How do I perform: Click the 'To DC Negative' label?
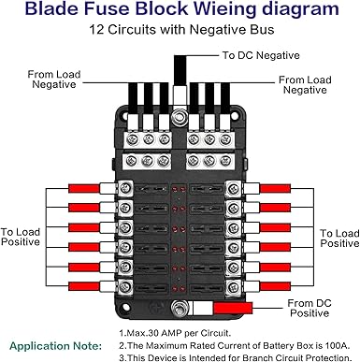tap(261, 55)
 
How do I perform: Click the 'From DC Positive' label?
tap(310, 308)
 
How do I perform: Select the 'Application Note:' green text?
tap(56, 346)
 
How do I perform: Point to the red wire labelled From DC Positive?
tap(233, 309)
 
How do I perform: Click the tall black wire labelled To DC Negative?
tap(180, 70)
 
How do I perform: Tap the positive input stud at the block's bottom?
tap(180, 309)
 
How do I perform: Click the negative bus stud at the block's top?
tap(179, 117)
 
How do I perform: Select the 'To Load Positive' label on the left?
tap(21, 237)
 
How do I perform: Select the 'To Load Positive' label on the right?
tap(339, 239)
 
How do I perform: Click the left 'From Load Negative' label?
tap(54, 80)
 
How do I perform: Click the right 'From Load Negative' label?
tap(305, 85)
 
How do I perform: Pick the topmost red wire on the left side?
tap(84, 188)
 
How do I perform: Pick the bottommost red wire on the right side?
tap(275, 286)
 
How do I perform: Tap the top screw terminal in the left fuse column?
tap(125, 188)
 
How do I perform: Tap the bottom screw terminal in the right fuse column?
tap(234, 286)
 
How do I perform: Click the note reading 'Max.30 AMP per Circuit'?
tap(175, 333)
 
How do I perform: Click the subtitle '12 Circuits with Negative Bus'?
tap(181, 30)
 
